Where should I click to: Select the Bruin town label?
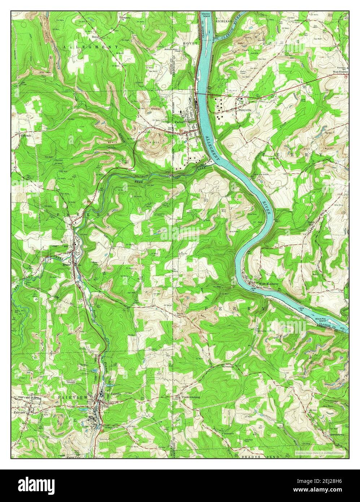pos(66,264)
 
